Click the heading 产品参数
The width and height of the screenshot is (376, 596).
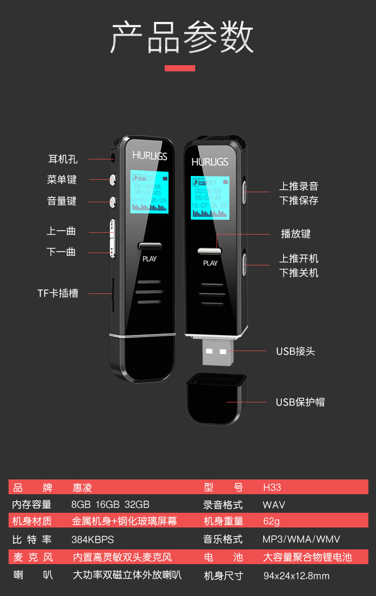tap(182, 37)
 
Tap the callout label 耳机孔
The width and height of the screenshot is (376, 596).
tap(62, 159)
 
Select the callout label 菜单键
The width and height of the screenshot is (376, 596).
tap(62, 179)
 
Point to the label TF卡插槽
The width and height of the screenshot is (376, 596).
tap(58, 293)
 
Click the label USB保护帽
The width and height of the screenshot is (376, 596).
tap(300, 402)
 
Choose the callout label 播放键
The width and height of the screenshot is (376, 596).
tap(296, 234)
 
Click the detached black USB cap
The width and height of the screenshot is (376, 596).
tap(216, 399)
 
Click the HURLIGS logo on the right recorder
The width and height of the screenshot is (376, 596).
tap(210, 162)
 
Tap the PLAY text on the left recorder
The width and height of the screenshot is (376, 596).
tap(149, 259)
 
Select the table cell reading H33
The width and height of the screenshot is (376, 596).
tap(272, 488)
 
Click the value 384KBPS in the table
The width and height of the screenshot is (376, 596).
tap(93, 539)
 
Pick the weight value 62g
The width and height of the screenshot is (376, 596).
tap(271, 521)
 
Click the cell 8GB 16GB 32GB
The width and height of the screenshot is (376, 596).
tap(110, 504)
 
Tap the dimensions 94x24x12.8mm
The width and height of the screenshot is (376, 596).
tap(296, 576)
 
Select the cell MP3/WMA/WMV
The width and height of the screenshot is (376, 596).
tap(301, 539)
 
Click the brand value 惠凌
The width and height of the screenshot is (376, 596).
tap(82, 488)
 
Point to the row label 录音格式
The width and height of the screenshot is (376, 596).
tap(223, 504)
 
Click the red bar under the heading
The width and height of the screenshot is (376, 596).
tap(180, 68)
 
